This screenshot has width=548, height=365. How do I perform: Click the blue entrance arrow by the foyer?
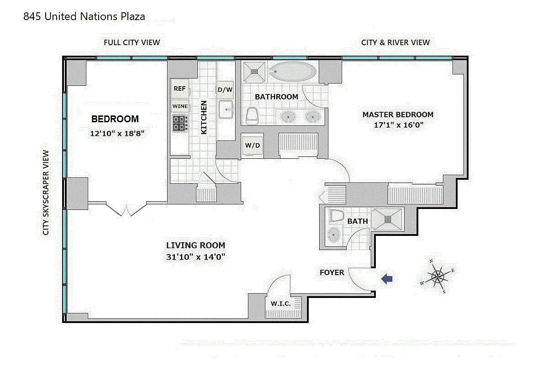click(x=387, y=279)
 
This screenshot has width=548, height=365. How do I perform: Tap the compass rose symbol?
click(x=437, y=276)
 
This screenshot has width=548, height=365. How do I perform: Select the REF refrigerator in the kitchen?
click(x=180, y=89)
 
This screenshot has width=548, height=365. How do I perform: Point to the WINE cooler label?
click(x=180, y=106)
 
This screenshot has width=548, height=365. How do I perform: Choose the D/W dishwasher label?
click(x=225, y=90)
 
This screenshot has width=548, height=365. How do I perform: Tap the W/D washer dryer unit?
click(x=252, y=146)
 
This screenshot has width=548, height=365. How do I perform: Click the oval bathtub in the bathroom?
click(x=293, y=71)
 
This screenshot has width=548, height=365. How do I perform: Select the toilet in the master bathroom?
click(x=252, y=116)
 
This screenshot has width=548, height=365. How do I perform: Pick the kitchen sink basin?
click(x=226, y=109)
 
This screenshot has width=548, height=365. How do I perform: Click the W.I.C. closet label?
click(x=280, y=304)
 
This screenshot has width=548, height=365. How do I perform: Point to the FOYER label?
click(x=332, y=272)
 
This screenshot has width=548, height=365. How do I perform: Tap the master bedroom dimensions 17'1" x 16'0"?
click(x=399, y=125)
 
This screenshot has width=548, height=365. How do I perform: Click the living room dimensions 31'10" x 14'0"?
click(x=196, y=257)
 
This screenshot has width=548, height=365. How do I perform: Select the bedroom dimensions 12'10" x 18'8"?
click(x=117, y=134)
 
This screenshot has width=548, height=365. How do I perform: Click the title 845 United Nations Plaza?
click(x=84, y=16)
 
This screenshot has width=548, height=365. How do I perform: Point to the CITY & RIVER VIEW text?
click(x=395, y=42)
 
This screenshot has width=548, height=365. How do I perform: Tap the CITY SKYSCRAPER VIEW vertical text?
click(x=46, y=193)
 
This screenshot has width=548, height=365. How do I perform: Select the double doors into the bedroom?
click(x=126, y=209)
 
